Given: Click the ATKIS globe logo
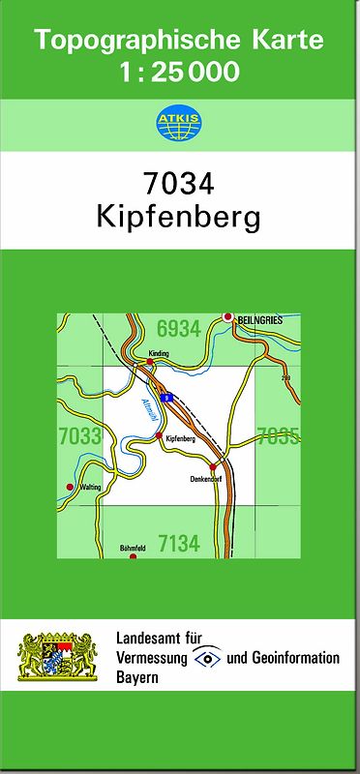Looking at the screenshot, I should (179, 123).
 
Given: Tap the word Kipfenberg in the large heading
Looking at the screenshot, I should (179, 219).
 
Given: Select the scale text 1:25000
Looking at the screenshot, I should (179, 72).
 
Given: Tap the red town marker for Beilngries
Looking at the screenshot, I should (228, 317).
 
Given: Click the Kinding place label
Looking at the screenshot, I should (159, 354).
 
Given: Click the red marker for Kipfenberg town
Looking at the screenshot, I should (159, 437).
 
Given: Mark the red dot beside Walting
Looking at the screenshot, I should (70, 487).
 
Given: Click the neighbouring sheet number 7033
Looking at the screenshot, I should (79, 436).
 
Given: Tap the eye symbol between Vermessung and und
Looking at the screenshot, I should (206, 658).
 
